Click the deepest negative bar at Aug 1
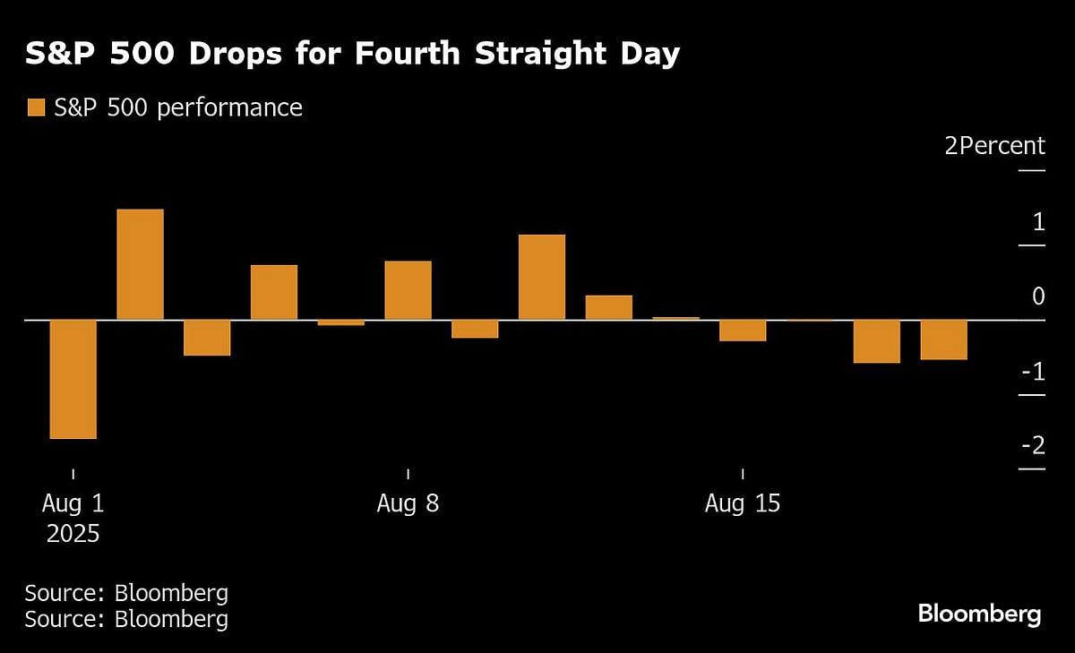click(x=73, y=379)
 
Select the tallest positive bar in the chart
click(x=141, y=264)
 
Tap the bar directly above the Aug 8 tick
click(x=408, y=290)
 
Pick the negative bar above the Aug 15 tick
click(x=743, y=331)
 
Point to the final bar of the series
click(x=944, y=339)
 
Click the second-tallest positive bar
click(x=542, y=277)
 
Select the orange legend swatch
click(x=36, y=108)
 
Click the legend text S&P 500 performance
click(x=177, y=107)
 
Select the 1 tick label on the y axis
click(x=1038, y=220)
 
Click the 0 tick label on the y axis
click(x=1038, y=296)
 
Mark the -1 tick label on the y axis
click(x=1032, y=370)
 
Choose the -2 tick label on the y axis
click(x=1032, y=445)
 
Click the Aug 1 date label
click(x=73, y=503)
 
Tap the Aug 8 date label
click(x=408, y=503)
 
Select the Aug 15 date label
click(x=743, y=503)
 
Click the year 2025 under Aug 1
click(x=73, y=534)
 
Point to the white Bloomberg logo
click(x=979, y=614)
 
